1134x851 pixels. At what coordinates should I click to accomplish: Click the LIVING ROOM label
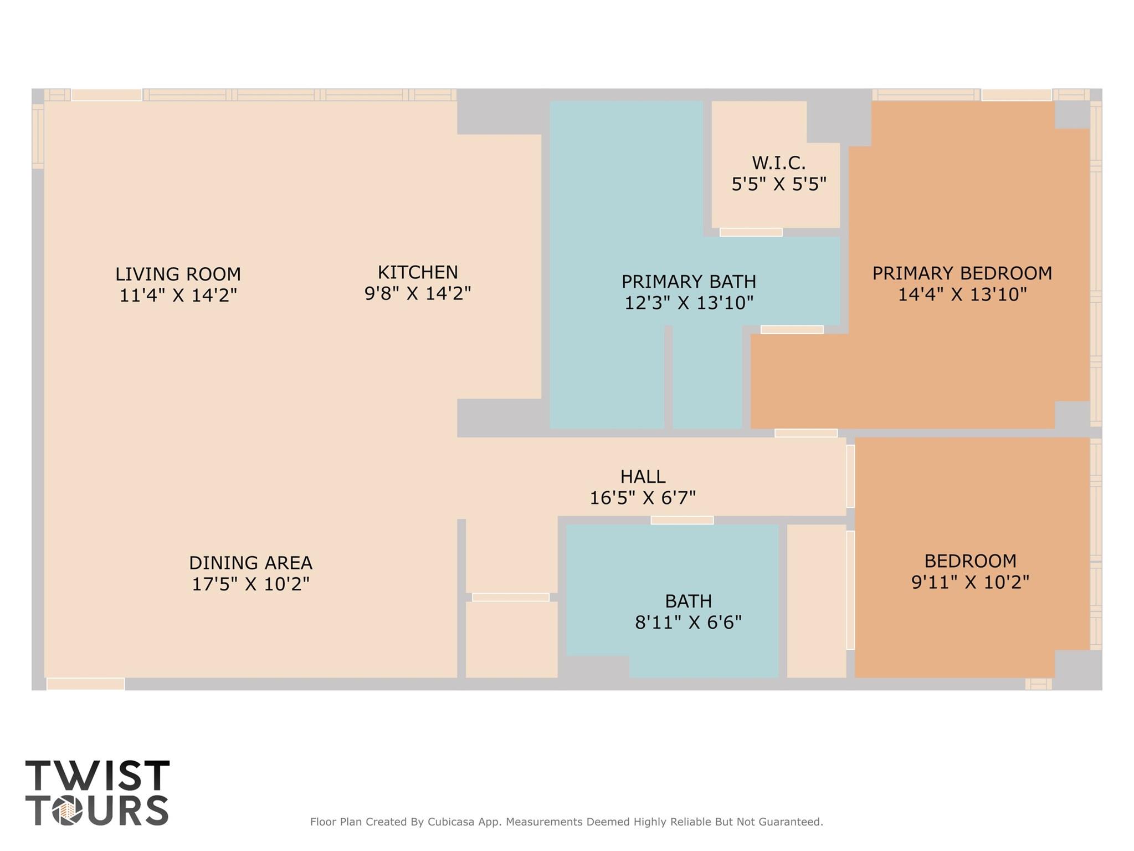(x=178, y=274)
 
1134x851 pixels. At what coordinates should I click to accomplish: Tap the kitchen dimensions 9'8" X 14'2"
(x=417, y=293)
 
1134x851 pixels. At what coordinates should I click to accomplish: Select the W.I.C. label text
(x=778, y=163)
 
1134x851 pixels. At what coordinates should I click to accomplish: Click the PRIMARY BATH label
(x=689, y=282)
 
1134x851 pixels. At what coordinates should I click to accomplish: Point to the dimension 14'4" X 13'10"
(x=962, y=294)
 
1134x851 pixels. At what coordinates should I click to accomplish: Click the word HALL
(x=642, y=477)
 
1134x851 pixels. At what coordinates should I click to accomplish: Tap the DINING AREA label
(x=250, y=563)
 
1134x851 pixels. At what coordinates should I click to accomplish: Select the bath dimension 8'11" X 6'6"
(x=688, y=623)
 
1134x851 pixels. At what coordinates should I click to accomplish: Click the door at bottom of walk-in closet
(x=751, y=232)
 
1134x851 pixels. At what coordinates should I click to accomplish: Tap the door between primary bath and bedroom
(x=792, y=330)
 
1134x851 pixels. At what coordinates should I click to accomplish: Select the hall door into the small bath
(x=682, y=520)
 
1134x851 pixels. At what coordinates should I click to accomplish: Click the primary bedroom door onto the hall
(x=805, y=433)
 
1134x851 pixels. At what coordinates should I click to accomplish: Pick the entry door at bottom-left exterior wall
(x=85, y=684)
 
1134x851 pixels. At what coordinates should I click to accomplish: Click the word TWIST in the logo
(x=97, y=776)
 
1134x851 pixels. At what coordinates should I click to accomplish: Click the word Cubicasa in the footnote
(x=450, y=822)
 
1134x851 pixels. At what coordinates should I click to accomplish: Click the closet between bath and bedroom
(x=816, y=601)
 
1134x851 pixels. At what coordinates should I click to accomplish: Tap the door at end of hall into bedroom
(x=850, y=476)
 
